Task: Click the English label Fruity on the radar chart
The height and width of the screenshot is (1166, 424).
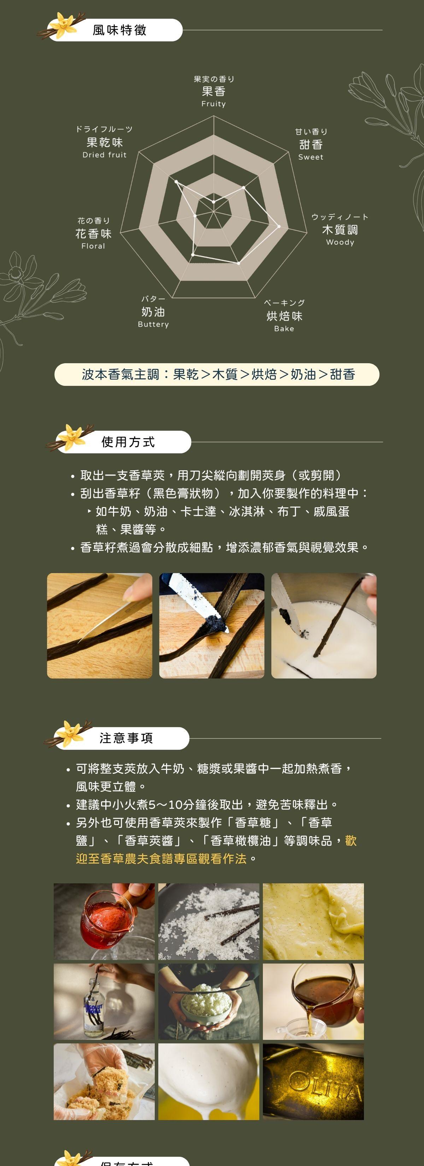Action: pyautogui.click(x=213, y=104)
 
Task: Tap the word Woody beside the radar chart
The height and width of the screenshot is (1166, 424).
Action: pyautogui.click(x=340, y=242)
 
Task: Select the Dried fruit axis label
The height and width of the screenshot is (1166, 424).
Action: pyautogui.click(x=105, y=155)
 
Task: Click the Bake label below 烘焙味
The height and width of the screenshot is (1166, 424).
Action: pyautogui.click(x=284, y=329)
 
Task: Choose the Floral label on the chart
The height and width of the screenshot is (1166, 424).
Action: pyautogui.click(x=93, y=246)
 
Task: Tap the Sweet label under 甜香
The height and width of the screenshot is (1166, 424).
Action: pyautogui.click(x=311, y=157)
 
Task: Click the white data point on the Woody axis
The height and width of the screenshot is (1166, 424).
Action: pyautogui.click(x=279, y=226)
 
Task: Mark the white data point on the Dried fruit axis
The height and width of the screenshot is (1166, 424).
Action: pyautogui.click(x=176, y=182)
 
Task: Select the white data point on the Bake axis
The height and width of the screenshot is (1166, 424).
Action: pyautogui.click(x=239, y=263)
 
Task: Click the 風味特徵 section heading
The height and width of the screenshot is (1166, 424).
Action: pyautogui.click(x=119, y=30)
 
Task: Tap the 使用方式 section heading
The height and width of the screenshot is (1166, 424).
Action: pyautogui.click(x=128, y=442)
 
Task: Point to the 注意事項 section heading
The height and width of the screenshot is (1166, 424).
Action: pyautogui.click(x=126, y=738)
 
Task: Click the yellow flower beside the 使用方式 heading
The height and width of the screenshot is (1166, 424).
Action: pyautogui.click(x=72, y=437)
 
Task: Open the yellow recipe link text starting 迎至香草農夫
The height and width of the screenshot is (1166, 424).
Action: pyautogui.click(x=161, y=859)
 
